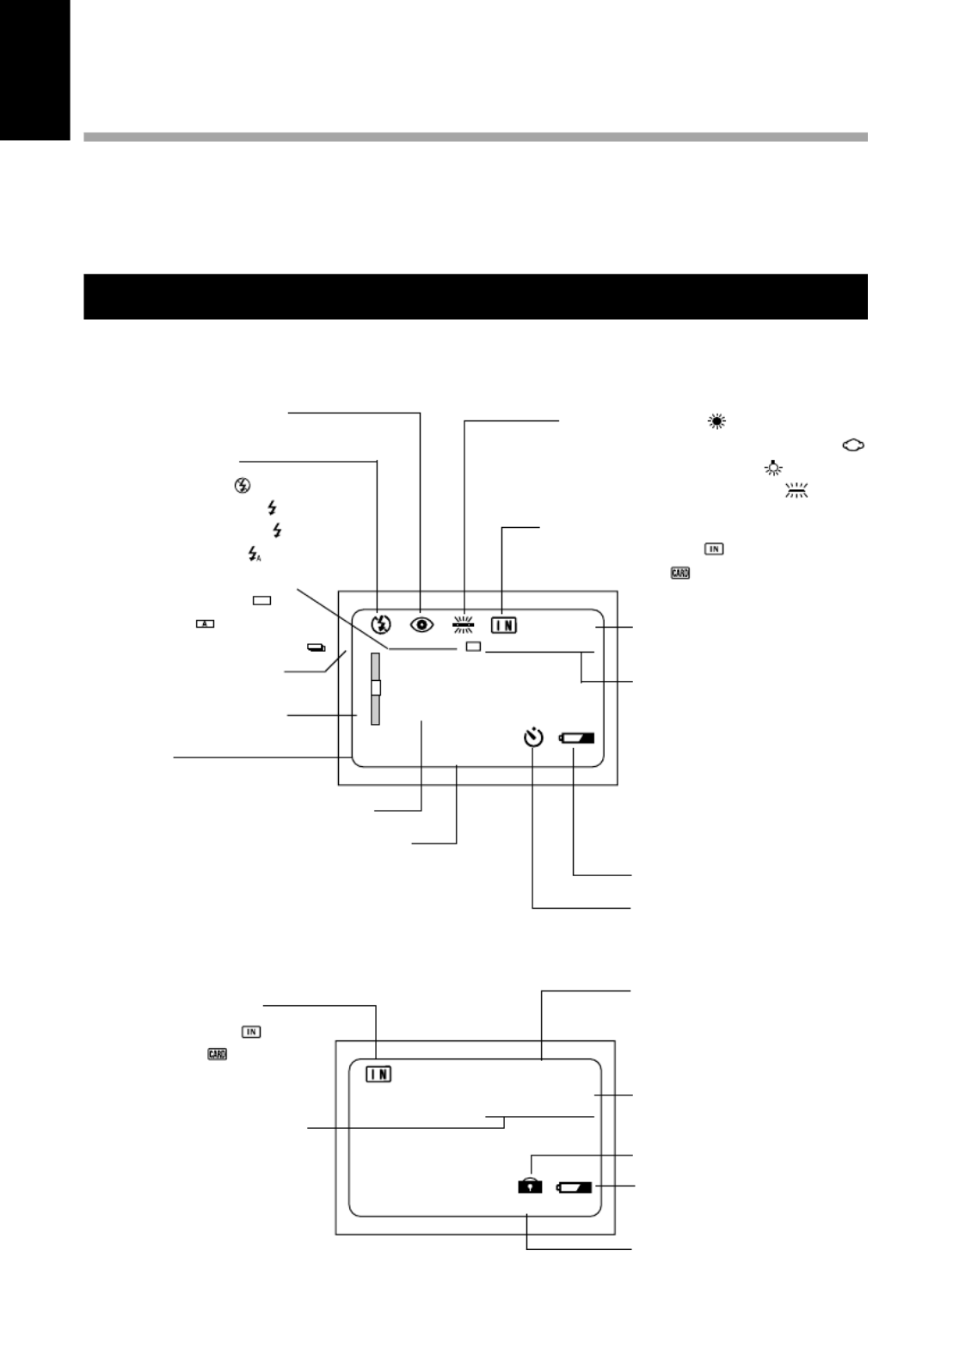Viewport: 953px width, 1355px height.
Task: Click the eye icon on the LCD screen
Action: (x=421, y=624)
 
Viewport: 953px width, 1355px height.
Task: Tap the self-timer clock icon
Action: (x=533, y=738)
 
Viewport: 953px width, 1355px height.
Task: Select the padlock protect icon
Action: (x=530, y=1186)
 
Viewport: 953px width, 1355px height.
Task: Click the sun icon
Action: (x=717, y=421)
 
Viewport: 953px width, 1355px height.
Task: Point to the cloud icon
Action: (x=853, y=445)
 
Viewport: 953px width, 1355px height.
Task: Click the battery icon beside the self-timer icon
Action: (x=576, y=738)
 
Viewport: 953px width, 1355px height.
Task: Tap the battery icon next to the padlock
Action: (x=575, y=1186)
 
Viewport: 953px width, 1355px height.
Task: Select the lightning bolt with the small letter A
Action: (x=254, y=554)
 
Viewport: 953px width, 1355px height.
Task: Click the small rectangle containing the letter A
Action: (x=205, y=623)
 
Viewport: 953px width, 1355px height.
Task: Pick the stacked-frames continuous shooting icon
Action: (x=316, y=648)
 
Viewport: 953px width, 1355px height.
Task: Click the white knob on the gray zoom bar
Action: (x=376, y=688)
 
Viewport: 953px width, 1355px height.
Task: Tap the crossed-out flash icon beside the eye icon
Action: (x=380, y=623)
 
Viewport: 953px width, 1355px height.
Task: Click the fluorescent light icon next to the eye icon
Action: (x=464, y=624)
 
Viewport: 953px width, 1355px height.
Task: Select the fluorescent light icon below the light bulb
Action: (x=796, y=491)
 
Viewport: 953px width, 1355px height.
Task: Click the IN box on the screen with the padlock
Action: (x=378, y=1075)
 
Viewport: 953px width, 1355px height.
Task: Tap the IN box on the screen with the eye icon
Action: (x=503, y=625)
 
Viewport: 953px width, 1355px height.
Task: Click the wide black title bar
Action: (x=476, y=297)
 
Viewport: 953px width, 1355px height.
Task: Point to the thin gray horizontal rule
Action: (x=476, y=138)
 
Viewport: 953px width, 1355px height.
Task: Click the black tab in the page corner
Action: (x=35, y=71)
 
